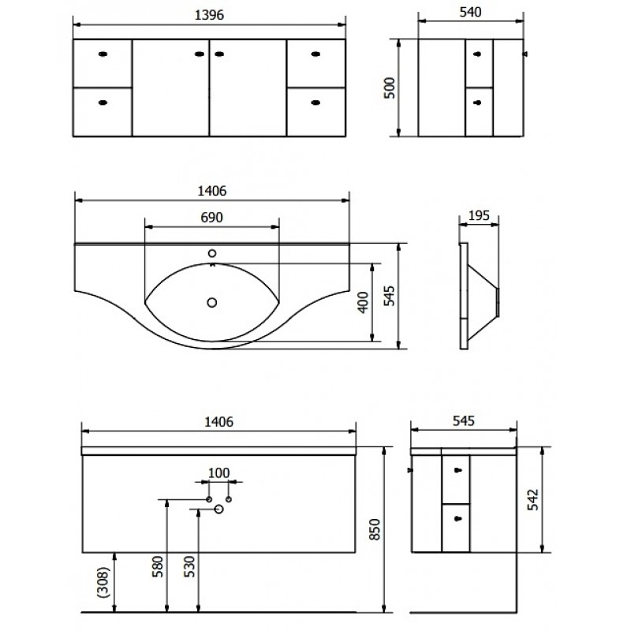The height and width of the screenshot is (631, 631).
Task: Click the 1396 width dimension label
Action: coord(209,15)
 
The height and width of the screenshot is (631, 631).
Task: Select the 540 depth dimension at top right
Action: coord(470,12)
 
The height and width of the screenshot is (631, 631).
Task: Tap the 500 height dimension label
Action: coord(390,88)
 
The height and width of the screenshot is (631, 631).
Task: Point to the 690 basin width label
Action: coord(211,218)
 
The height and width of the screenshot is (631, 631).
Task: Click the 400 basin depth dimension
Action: coord(363,302)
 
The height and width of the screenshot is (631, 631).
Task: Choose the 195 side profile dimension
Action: coord(479,215)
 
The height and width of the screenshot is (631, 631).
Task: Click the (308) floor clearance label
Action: coord(103,582)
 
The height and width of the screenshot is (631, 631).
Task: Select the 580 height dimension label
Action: coord(158,566)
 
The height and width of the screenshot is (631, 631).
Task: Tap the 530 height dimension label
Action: coord(189,566)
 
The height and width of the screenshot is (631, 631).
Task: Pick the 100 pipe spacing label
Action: coord(218,472)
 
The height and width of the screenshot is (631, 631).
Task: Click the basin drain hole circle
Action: coord(212,302)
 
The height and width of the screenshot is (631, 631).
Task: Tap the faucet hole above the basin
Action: coord(212,253)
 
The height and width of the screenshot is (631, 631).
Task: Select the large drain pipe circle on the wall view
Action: coord(219,509)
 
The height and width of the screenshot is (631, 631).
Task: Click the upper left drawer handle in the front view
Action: coord(103,54)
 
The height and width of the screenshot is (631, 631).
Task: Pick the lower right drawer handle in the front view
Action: coord(316,103)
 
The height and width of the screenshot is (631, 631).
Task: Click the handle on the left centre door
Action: coord(200,54)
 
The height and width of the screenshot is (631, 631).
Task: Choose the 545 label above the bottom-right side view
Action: coord(464,421)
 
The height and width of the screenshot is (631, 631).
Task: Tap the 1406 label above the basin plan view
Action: coord(211,191)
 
